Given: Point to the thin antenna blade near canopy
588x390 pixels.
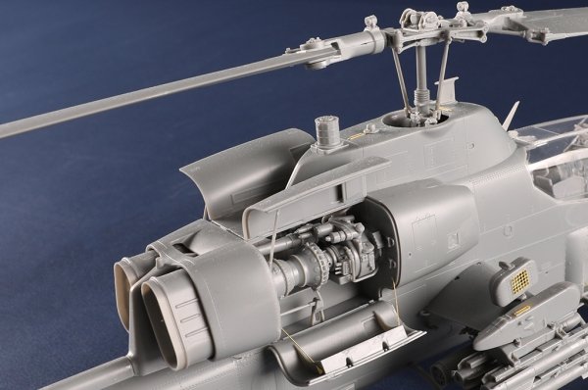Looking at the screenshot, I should click(511, 117).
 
